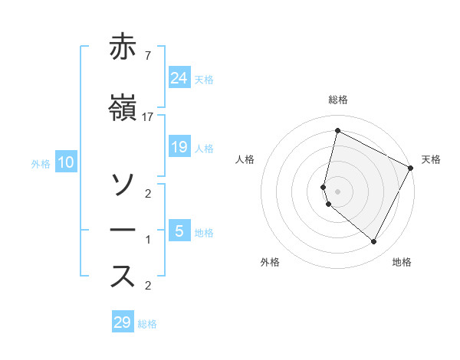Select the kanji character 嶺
(x=123, y=110)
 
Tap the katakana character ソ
(x=123, y=184)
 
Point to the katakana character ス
(x=123, y=276)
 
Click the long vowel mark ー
(x=123, y=230)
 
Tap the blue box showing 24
(x=179, y=77)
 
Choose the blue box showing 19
(x=179, y=147)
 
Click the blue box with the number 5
(x=179, y=231)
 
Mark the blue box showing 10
(x=66, y=162)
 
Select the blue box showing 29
(x=123, y=322)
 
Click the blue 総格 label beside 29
(x=147, y=324)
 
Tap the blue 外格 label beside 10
(x=41, y=163)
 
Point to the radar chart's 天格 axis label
(x=431, y=159)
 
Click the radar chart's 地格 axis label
(x=402, y=262)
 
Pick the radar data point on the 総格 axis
(x=337, y=131)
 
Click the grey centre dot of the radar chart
(x=337, y=191)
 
